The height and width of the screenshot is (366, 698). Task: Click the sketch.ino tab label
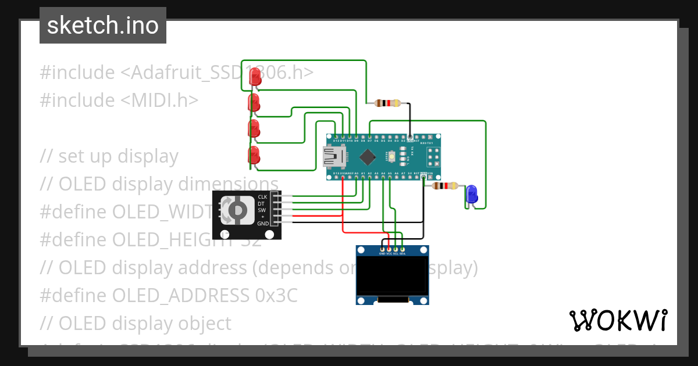tap(103, 26)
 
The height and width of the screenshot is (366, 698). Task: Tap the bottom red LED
tap(254, 155)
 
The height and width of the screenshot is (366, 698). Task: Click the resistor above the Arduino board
tap(388, 103)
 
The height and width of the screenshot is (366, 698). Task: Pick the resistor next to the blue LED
tap(446, 186)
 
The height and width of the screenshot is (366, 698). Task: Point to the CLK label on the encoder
tap(262, 197)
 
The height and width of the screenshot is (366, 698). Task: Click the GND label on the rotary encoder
tap(263, 223)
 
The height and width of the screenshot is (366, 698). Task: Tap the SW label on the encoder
tap(262, 210)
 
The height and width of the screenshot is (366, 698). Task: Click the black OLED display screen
tap(393, 277)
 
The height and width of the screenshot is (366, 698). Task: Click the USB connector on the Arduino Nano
tap(334, 156)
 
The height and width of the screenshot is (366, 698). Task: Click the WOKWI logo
tap(618, 320)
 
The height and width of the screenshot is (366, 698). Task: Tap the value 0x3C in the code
tap(276, 295)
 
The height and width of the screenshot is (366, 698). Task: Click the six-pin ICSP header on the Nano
tap(433, 156)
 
